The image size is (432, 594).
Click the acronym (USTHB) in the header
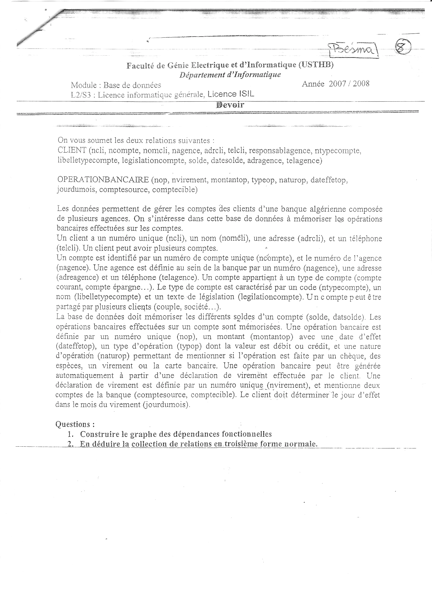click(316, 65)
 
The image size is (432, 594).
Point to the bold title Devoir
click(230, 105)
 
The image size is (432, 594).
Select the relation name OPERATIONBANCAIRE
click(103, 180)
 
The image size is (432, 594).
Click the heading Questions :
click(75, 424)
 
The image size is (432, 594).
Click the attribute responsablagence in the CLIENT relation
click(280, 151)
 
